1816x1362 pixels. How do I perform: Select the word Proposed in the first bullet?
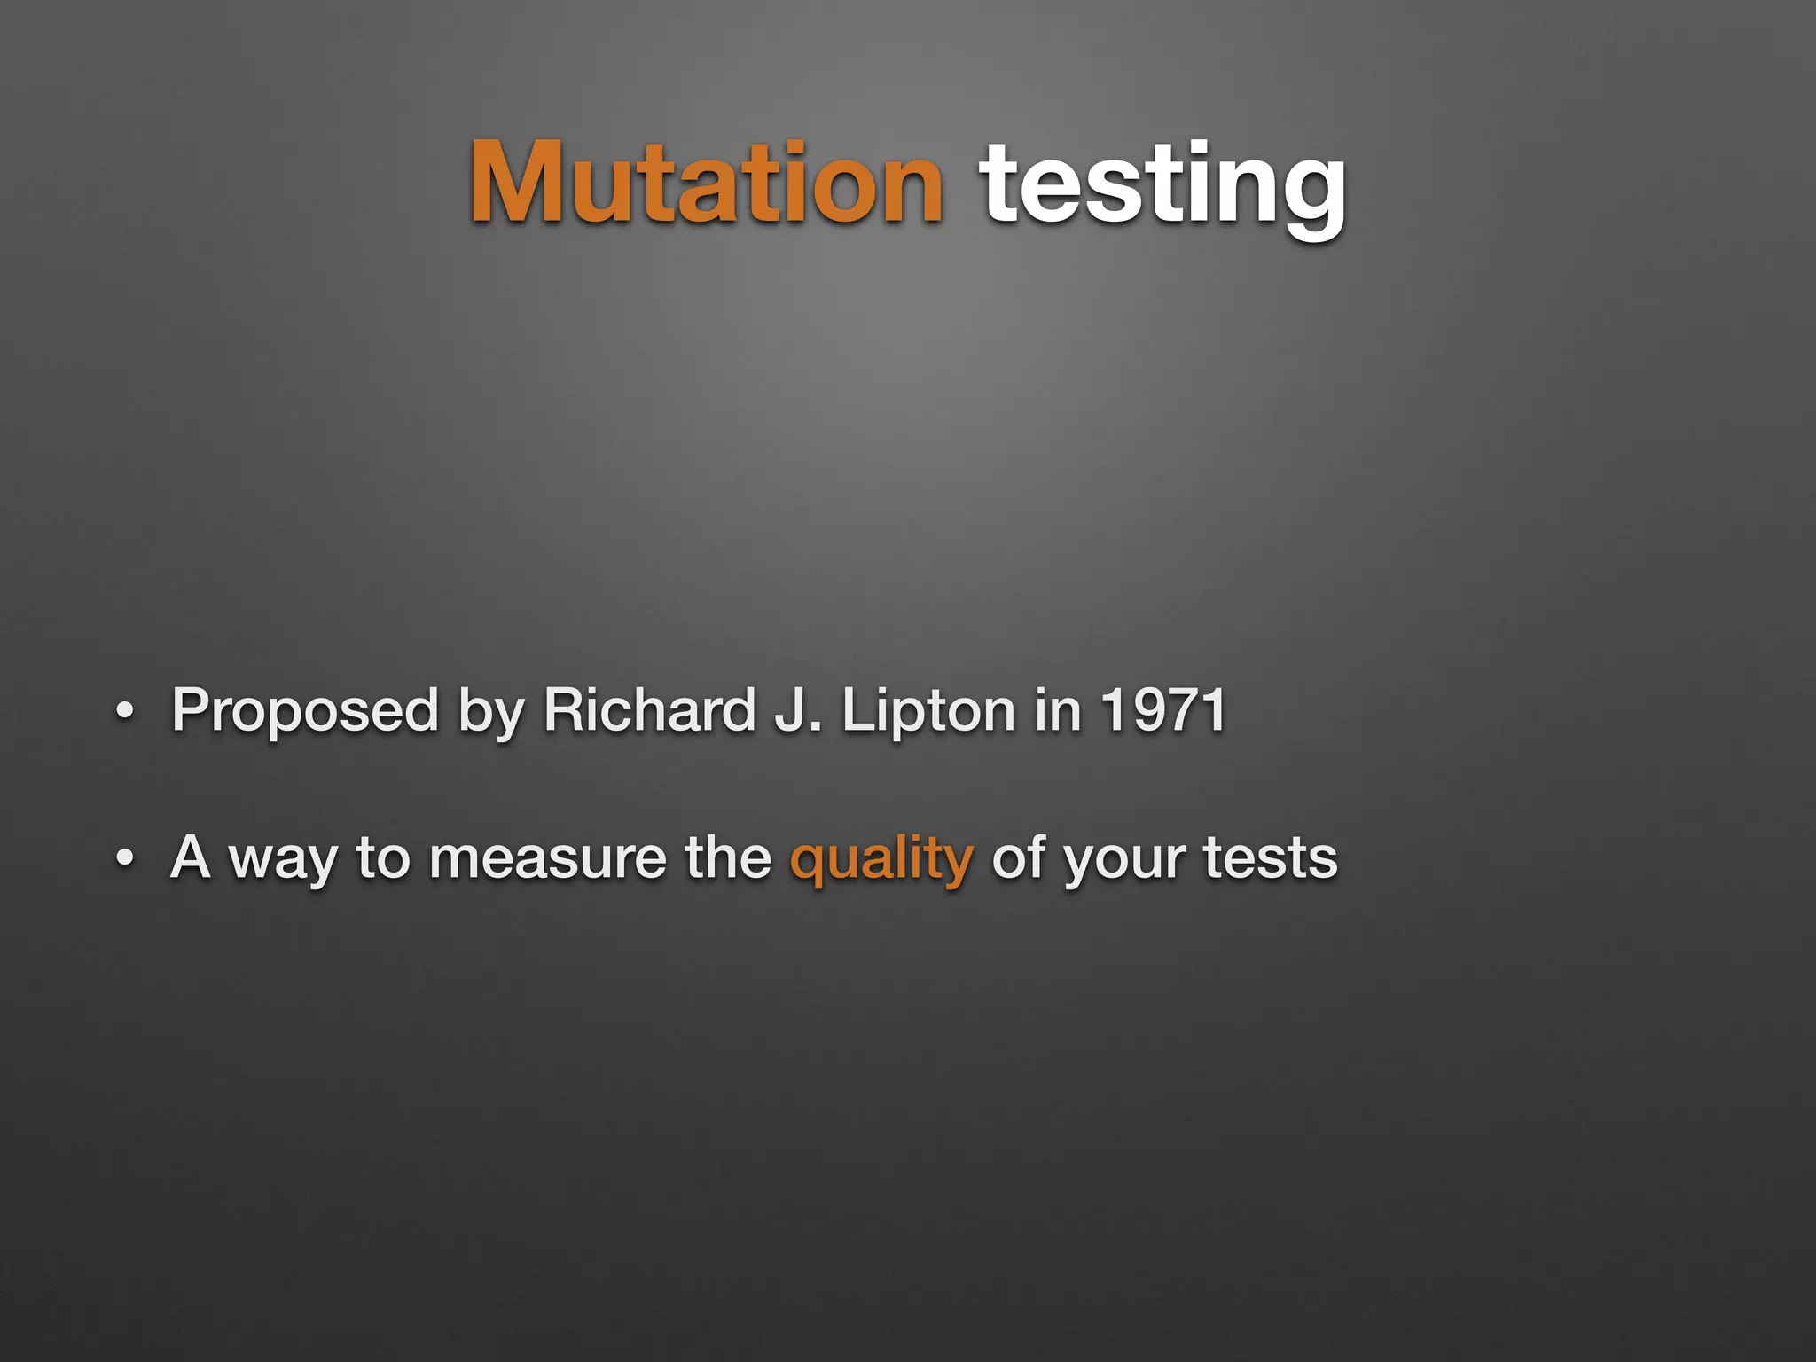click(305, 711)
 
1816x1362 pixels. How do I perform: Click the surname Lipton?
click(928, 711)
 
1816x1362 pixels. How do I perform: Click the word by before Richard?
click(490, 711)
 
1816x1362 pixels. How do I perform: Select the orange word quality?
click(881, 858)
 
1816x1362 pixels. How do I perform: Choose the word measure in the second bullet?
click(547, 858)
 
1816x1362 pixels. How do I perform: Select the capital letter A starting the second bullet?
click(191, 857)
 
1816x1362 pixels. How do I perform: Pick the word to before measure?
click(383, 858)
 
